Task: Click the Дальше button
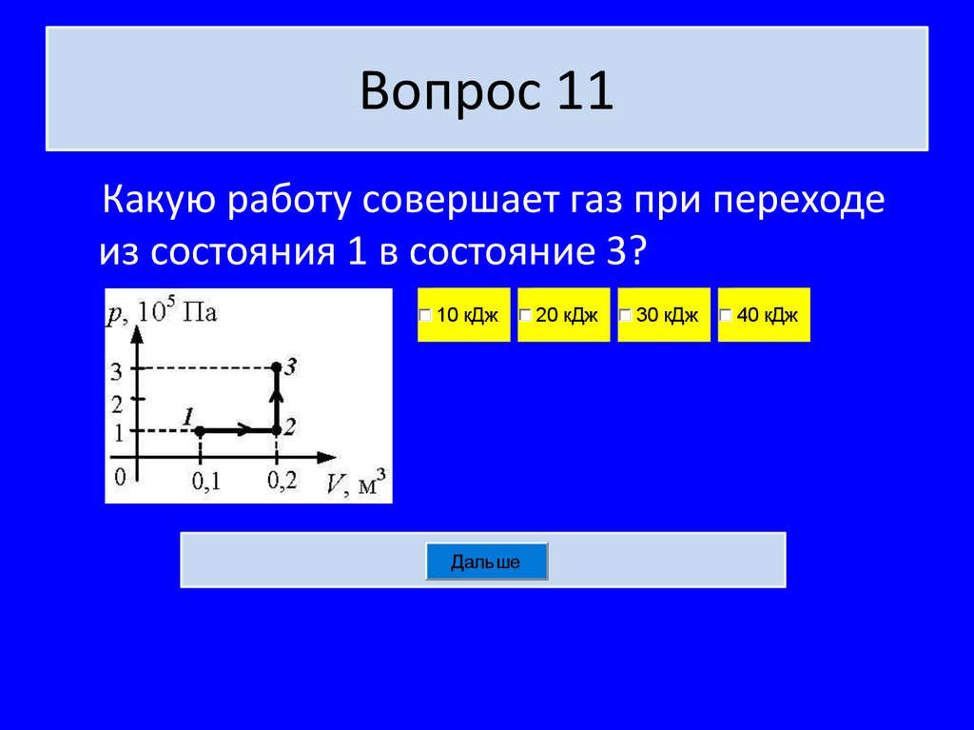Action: (486, 562)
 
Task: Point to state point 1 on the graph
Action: (200, 431)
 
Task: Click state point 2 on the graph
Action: (276, 431)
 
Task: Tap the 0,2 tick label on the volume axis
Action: (282, 482)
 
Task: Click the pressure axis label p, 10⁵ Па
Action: (162, 311)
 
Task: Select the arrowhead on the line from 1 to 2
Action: (243, 431)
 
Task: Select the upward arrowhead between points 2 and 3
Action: (276, 394)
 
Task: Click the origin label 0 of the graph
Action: (120, 475)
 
